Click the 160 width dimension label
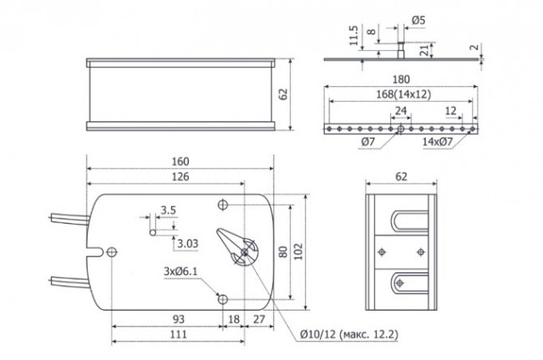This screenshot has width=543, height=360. tap(180, 161)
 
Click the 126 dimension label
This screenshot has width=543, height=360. tap(180, 176)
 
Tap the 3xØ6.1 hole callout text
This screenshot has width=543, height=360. tap(180, 271)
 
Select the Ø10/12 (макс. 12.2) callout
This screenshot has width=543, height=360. tap(349, 334)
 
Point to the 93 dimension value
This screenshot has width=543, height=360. tap(178, 319)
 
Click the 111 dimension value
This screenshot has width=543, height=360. tap(179, 334)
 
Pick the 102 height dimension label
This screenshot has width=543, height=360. tap(298, 251)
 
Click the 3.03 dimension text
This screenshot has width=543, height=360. tap(188, 244)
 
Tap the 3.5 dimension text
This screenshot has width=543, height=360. tap(168, 210)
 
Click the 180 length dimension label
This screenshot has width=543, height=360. tap(401, 79)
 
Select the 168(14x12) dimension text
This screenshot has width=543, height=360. tap(403, 94)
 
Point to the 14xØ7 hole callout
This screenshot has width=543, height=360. tap(438, 141)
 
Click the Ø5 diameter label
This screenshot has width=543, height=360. tap(419, 20)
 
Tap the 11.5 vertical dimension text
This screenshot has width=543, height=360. tap(353, 35)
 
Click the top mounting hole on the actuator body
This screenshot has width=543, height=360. tap(223, 205)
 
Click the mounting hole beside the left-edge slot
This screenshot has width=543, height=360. tap(112, 252)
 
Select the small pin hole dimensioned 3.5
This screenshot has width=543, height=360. tap(153, 232)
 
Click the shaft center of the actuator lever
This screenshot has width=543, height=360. tap(245, 252)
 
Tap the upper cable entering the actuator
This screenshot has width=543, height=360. tap(69, 220)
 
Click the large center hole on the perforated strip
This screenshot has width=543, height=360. tap(401, 129)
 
